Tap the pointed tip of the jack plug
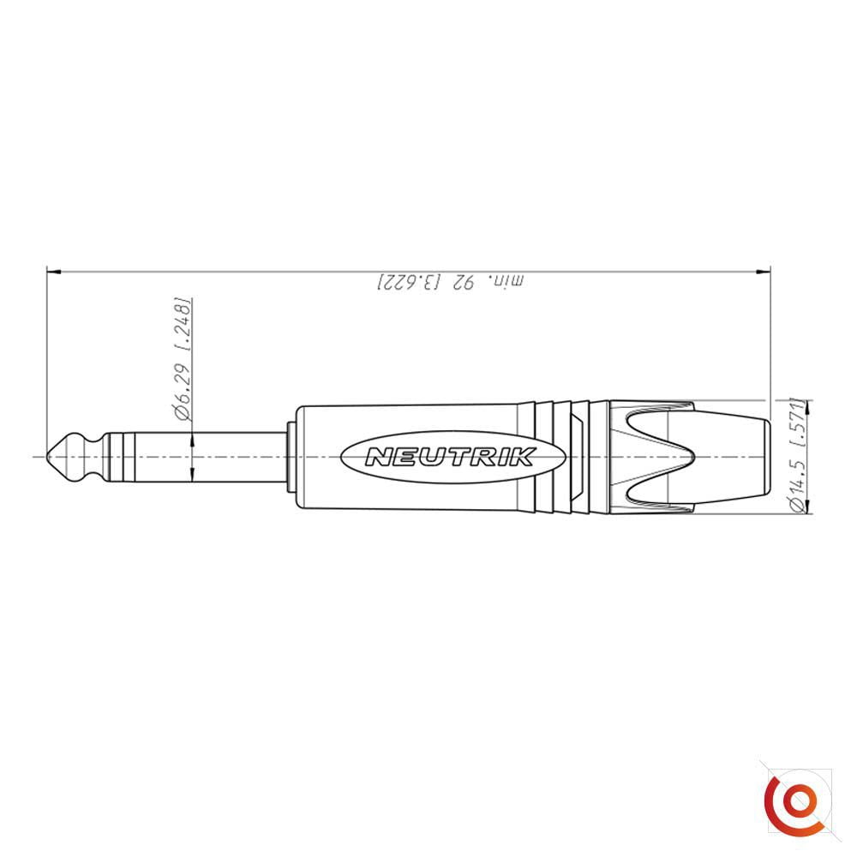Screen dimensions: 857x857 coord(47,457)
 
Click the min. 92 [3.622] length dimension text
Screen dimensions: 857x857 coord(450,282)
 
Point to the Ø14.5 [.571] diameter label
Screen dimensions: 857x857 coord(799,456)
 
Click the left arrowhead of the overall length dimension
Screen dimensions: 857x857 coord(53,272)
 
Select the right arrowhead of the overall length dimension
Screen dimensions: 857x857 coord(763,272)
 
